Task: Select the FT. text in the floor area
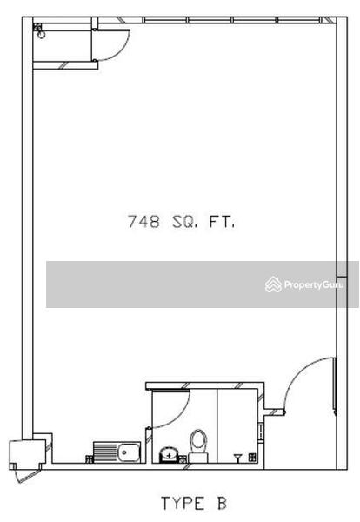[223, 222]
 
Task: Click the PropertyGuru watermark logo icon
[273, 284]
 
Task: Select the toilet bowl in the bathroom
[199, 442]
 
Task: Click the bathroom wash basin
[168, 454]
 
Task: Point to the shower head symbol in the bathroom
[238, 454]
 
